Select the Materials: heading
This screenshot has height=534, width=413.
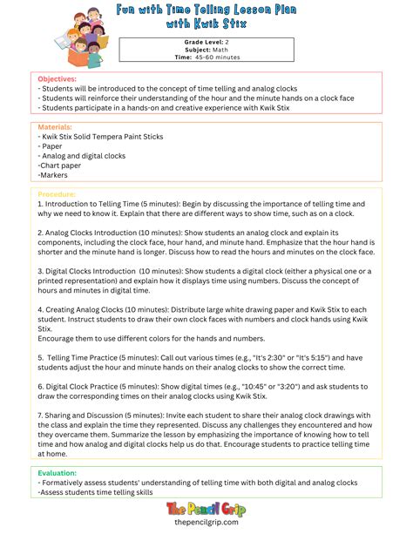[x=57, y=127]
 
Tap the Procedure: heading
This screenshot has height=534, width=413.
[x=58, y=194]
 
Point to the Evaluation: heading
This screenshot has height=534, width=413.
[x=58, y=473]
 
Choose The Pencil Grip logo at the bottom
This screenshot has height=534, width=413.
[x=206, y=506]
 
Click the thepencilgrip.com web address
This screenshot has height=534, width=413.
[x=206, y=523]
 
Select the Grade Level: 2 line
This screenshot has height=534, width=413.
[x=206, y=42]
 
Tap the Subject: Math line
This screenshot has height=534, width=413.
[x=206, y=50]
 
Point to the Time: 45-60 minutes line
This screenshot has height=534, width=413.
[x=206, y=57]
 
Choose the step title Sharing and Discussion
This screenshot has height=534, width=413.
[x=90, y=415]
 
